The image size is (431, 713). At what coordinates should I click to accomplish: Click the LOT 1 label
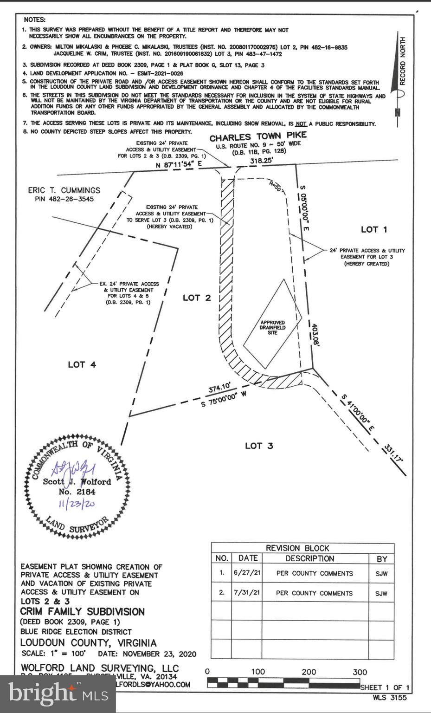coord(373,229)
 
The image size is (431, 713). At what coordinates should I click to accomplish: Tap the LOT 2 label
coord(197,298)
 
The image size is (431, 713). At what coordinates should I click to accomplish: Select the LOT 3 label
coord(259,446)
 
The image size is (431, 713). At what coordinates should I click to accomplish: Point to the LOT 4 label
coord(82,364)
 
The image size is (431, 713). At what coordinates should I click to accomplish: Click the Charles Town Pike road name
coord(258,136)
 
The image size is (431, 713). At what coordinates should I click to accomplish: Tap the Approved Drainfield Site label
coord(272,327)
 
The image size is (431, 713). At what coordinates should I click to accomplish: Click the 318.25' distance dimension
coord(262,161)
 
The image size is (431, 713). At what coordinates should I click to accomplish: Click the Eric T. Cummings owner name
coord(64,190)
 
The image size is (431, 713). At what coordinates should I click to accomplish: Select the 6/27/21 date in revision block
coord(247,573)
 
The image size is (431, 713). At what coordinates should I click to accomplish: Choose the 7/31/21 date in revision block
coord(247,593)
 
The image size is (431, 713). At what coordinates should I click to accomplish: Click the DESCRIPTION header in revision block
coord(309,558)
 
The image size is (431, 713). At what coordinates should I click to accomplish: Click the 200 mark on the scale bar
coord(309,672)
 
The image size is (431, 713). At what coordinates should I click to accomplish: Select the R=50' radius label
coord(275,187)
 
